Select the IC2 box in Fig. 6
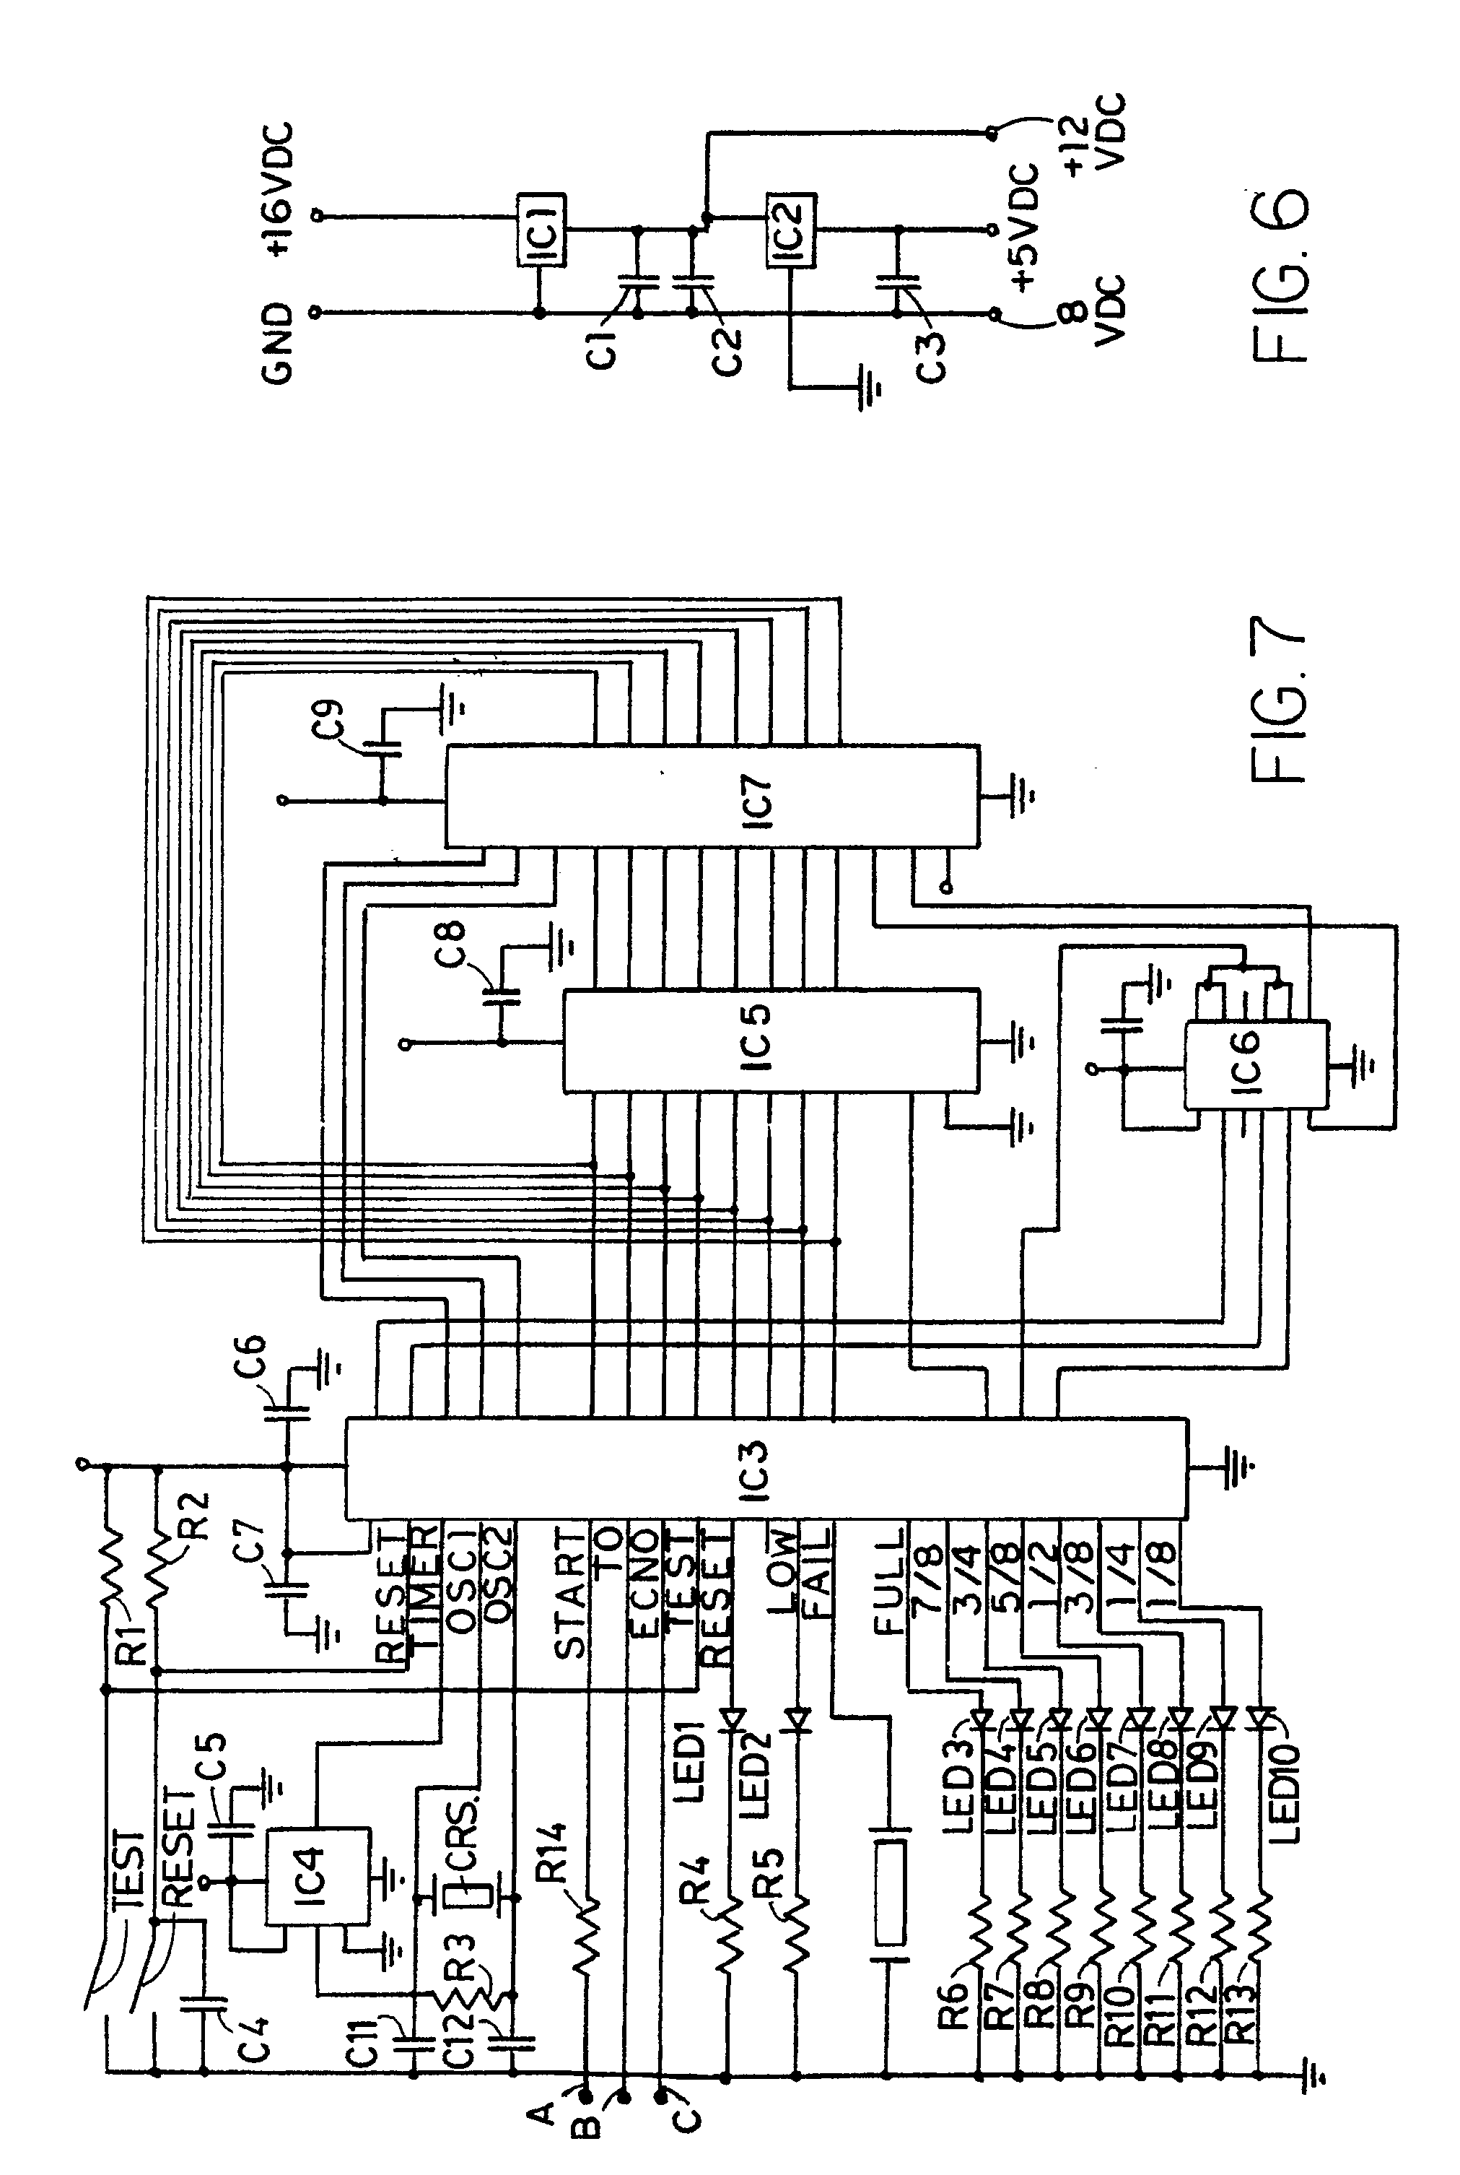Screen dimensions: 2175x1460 tap(790, 230)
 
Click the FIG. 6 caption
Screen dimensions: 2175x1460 tap(1280, 277)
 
